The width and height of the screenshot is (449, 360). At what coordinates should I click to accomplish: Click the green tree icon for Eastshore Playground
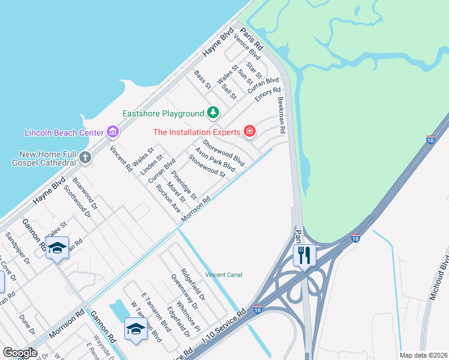tap(212, 112)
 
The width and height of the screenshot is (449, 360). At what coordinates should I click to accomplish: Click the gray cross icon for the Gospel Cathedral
tap(85, 158)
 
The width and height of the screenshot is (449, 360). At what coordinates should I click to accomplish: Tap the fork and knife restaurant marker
tap(304, 254)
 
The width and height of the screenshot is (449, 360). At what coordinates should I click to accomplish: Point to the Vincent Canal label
tap(224, 275)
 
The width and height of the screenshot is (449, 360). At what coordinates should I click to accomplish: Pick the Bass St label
tap(203, 80)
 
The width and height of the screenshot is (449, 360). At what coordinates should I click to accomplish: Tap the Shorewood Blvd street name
tap(224, 153)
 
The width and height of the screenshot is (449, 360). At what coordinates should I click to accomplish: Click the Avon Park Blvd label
tap(214, 159)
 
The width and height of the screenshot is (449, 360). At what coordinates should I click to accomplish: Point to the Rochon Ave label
tap(168, 199)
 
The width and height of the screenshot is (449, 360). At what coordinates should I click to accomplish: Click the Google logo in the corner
tap(20, 352)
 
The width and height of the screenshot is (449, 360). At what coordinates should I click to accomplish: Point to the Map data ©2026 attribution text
tap(423, 355)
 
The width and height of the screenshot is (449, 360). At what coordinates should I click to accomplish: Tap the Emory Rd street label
tap(268, 94)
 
